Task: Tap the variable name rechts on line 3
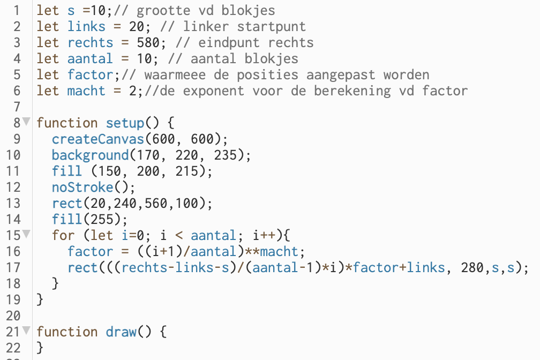point(91,43)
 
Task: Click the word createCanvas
point(98,139)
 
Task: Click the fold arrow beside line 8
point(26,123)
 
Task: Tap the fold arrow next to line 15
point(26,235)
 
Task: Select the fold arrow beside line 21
point(26,332)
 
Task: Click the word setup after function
point(125,123)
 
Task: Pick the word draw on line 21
point(121,332)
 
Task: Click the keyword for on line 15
point(64,236)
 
